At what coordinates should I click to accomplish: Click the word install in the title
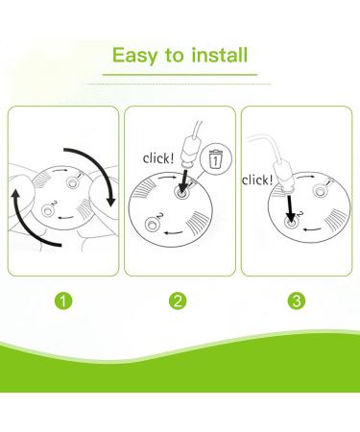tap(217, 56)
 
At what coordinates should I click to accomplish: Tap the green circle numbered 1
tap(62, 300)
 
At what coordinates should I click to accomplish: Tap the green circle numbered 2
tap(179, 300)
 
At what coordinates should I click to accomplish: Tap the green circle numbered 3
tap(296, 300)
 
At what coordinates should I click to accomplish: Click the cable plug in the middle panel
tap(190, 155)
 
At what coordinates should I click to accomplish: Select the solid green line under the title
tap(180, 73)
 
